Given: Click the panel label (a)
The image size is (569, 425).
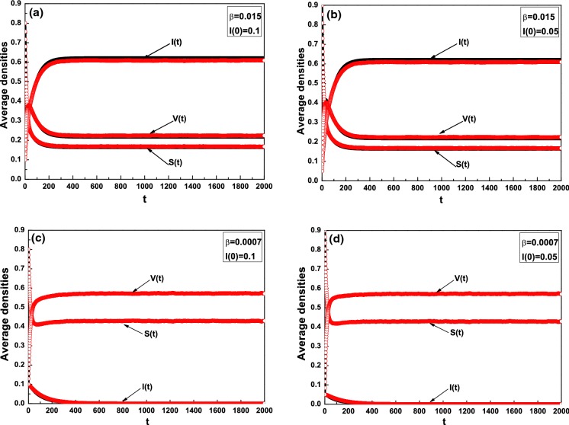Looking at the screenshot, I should [x=39, y=11].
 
